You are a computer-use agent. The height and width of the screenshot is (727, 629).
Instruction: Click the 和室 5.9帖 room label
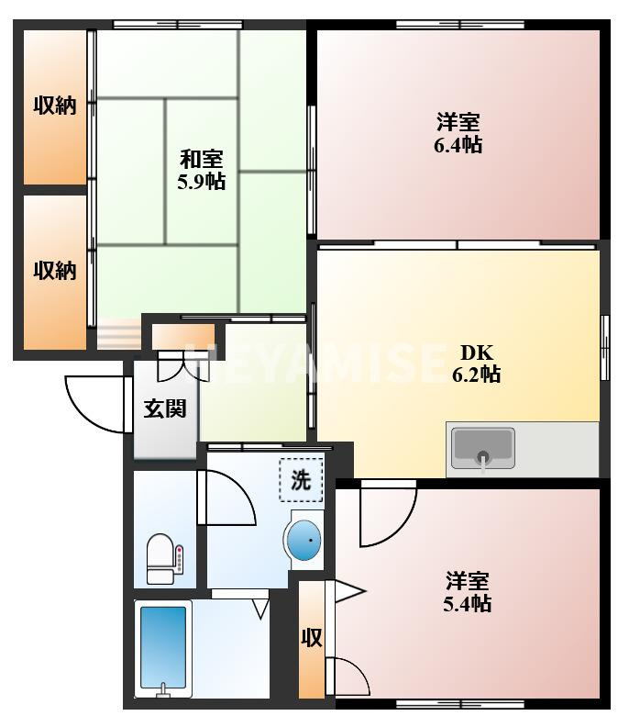tap(202, 170)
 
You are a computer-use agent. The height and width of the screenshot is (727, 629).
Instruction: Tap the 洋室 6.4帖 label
tap(458, 133)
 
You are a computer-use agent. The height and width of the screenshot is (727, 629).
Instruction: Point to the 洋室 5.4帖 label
tap(468, 592)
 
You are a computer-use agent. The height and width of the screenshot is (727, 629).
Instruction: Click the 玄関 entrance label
tap(165, 408)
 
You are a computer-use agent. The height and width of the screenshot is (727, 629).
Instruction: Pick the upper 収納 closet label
tap(55, 106)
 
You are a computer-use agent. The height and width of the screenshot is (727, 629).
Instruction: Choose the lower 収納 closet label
tap(55, 270)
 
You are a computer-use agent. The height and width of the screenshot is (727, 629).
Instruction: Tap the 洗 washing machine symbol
tap(301, 480)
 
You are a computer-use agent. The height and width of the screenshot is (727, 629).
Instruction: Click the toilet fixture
tap(164, 559)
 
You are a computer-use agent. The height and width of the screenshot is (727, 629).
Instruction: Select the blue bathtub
tap(163, 648)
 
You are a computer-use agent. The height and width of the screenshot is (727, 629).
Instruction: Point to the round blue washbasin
tap(303, 540)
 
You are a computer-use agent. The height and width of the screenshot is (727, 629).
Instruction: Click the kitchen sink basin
tap(483, 448)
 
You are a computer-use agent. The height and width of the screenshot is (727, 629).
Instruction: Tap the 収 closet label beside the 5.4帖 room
tap(312, 638)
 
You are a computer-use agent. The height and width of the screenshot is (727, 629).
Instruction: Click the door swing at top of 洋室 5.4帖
tap(388, 513)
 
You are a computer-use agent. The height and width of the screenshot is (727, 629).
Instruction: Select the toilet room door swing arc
tap(226, 498)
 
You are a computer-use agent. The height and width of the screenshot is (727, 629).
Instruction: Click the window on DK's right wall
tap(604, 347)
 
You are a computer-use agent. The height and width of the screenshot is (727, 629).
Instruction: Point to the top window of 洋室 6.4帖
tap(460, 25)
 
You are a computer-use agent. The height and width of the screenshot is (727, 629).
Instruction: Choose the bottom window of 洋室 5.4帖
tap(460, 704)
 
